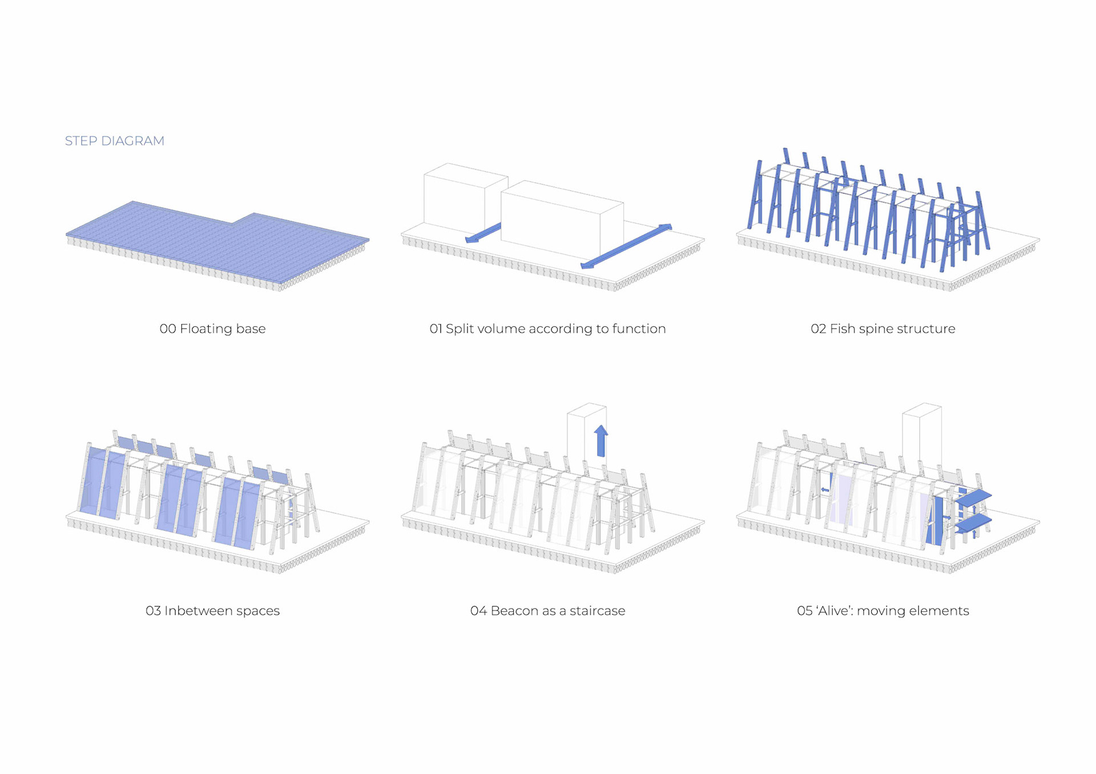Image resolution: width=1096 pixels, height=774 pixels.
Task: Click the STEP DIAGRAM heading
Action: (x=114, y=141)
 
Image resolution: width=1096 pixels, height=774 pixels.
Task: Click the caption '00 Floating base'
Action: (x=212, y=329)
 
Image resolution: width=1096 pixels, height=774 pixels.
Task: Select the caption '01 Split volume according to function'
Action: (x=547, y=329)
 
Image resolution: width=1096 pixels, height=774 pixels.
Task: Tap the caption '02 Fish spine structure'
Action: (x=883, y=329)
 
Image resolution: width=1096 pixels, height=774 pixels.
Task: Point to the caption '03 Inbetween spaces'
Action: (x=212, y=611)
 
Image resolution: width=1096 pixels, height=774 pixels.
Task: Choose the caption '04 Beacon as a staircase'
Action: (x=547, y=611)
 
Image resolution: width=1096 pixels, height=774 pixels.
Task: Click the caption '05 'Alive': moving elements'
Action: (x=883, y=611)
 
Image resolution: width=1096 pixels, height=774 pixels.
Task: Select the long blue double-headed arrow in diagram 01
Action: (x=626, y=246)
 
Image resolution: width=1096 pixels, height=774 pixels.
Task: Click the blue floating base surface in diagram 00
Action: (x=217, y=240)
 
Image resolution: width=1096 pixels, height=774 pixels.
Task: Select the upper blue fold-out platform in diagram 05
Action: (x=973, y=497)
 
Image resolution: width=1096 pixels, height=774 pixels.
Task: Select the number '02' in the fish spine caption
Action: (x=818, y=329)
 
